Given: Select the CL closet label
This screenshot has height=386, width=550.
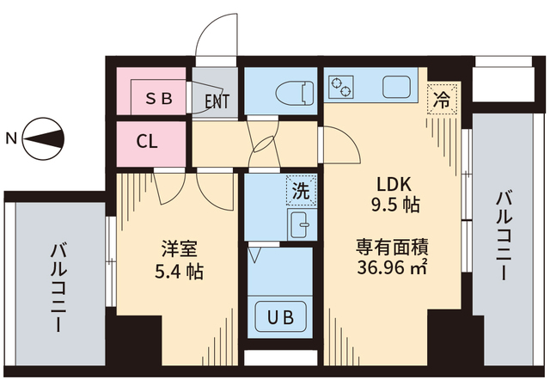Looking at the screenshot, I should [x=147, y=142].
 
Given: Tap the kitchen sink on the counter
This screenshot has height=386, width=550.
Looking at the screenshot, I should [x=397, y=87].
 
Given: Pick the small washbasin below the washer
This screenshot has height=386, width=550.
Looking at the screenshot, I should [x=300, y=225].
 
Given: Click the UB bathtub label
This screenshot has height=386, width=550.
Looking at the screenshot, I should [x=280, y=316].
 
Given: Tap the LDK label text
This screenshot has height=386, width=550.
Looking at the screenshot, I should [x=394, y=184].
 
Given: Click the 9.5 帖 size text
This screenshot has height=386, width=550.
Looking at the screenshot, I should [x=394, y=205].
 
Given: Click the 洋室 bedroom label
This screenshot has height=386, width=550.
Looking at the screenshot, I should [x=180, y=249].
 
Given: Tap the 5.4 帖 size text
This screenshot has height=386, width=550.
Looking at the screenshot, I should [x=180, y=273].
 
